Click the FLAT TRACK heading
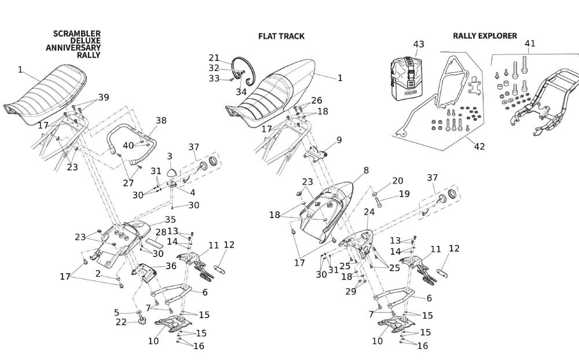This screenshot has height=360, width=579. (281, 36)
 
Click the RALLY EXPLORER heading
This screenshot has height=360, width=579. (485, 36)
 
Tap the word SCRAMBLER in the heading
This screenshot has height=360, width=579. (77, 34)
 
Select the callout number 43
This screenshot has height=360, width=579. (419, 45)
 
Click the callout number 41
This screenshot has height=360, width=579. (530, 43)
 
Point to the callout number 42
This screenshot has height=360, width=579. (479, 146)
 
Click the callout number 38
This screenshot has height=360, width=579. (161, 120)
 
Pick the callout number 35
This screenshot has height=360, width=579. (170, 219)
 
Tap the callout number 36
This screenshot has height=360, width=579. (171, 266)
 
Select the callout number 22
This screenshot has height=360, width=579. (120, 322)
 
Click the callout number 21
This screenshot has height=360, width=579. (214, 57)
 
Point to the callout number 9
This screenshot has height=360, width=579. (339, 139)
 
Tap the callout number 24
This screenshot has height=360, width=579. (369, 212)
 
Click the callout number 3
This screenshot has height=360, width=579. (170, 156)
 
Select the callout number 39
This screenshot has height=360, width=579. (104, 97)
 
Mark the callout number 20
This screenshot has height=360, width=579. (398, 181)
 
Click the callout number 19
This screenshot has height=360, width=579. (404, 194)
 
